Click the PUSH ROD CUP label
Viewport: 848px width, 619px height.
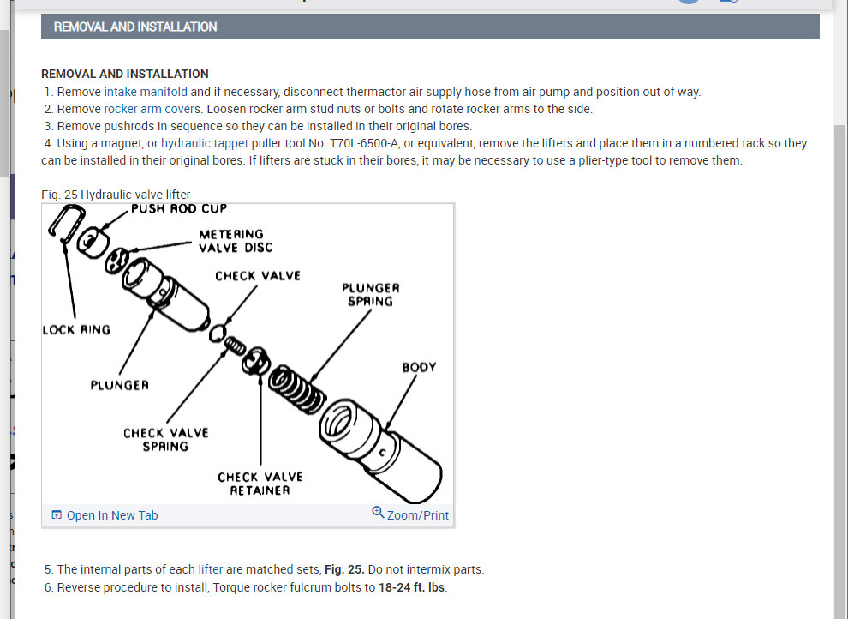[x=179, y=208]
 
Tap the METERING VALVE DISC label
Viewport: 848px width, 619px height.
[x=235, y=241]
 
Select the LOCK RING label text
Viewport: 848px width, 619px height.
[x=76, y=330]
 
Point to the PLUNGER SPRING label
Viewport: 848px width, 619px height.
[x=370, y=294]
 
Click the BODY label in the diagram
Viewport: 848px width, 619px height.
[x=419, y=367]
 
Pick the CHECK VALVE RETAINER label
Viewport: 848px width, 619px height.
[x=260, y=484]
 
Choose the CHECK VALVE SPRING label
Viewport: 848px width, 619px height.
[x=165, y=439]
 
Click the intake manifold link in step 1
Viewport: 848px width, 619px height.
[x=146, y=92]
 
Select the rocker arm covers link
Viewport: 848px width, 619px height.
[x=153, y=109]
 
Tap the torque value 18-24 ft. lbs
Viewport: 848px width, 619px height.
[x=412, y=587]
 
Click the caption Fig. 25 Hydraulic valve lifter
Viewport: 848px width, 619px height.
[x=116, y=195]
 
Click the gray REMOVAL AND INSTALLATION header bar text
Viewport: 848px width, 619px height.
[x=135, y=27]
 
